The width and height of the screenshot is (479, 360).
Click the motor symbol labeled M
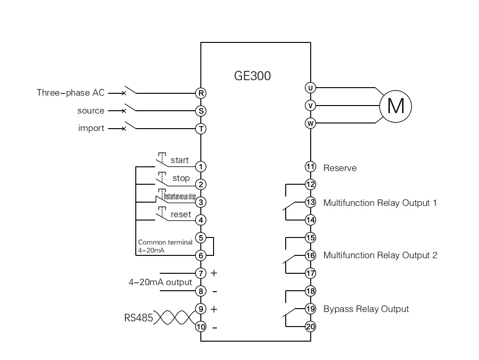(396, 106)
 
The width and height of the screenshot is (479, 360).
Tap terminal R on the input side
(201, 93)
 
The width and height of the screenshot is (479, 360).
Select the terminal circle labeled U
(310, 88)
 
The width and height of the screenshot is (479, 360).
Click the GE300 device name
(252, 76)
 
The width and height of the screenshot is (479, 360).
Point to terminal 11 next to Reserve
(310, 167)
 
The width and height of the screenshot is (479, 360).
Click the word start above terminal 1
(180, 160)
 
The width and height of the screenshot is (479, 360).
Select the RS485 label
(139, 318)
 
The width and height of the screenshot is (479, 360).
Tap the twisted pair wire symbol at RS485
(174, 318)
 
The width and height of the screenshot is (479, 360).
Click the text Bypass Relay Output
(366, 309)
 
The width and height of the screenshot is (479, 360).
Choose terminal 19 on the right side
(310, 309)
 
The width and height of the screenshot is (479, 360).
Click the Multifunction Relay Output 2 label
(380, 255)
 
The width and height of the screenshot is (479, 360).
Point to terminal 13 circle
(310, 203)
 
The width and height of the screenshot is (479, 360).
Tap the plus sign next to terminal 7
(214, 273)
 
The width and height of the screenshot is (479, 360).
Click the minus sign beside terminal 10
(215, 327)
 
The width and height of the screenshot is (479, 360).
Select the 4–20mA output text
(160, 282)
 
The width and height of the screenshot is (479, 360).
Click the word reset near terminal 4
(181, 214)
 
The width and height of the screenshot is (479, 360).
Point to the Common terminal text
(165, 242)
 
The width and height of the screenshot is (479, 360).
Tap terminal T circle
(201, 129)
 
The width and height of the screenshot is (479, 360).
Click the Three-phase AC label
(71, 93)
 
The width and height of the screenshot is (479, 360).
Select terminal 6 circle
(201, 255)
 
